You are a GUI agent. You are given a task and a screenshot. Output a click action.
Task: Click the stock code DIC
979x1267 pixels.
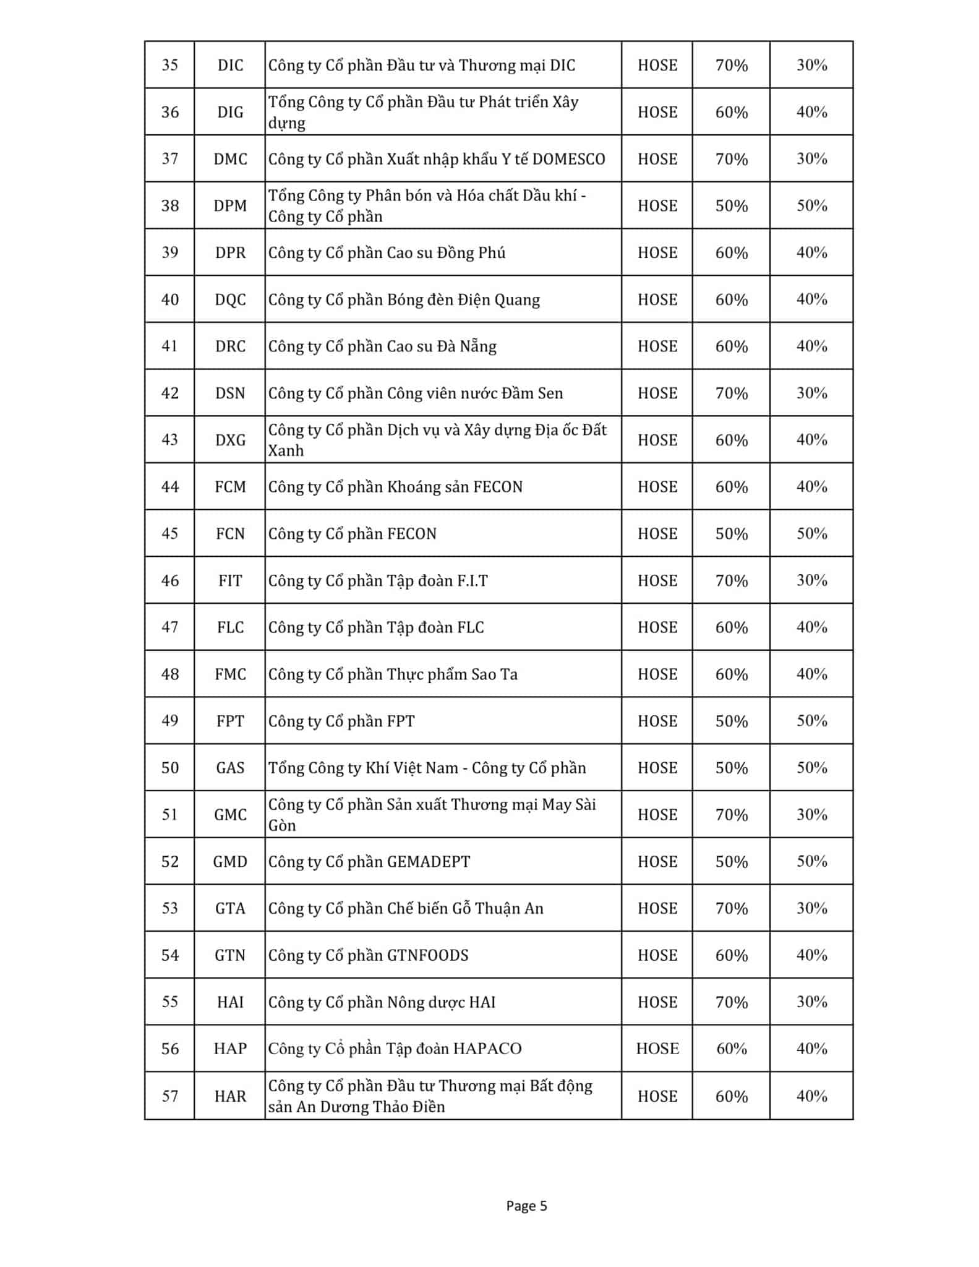[x=230, y=66]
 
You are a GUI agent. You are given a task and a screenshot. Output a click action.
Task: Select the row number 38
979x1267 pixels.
[x=169, y=205]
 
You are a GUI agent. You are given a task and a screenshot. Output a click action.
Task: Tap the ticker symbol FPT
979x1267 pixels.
[x=230, y=721]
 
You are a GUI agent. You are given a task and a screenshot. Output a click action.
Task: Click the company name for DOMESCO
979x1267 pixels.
[x=436, y=159]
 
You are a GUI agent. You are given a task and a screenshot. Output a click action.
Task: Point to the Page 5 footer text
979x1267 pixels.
[x=526, y=1206]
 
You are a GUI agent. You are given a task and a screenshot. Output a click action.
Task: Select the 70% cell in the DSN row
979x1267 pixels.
[x=731, y=393]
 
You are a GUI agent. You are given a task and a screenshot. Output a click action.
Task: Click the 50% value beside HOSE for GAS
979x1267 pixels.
[x=731, y=768]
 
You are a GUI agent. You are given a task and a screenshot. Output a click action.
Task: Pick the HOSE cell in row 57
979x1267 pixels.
[x=657, y=1096]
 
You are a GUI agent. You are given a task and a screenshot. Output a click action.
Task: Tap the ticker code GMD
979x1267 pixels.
[x=230, y=862]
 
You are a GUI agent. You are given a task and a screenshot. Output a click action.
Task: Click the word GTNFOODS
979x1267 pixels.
[x=427, y=955]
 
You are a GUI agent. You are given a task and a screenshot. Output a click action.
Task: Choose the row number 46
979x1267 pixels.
[x=169, y=581]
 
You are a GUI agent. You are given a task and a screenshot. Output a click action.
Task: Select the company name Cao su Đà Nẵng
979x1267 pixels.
[x=382, y=346]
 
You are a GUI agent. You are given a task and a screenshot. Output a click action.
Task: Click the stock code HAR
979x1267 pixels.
[x=230, y=1096]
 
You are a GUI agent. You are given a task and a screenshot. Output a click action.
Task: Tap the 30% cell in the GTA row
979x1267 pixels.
[x=811, y=908]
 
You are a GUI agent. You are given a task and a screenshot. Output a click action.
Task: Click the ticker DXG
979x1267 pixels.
[x=230, y=440]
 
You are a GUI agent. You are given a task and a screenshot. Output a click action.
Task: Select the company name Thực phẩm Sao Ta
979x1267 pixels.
[x=392, y=674]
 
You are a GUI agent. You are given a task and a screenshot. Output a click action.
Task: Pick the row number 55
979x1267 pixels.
[x=169, y=1002]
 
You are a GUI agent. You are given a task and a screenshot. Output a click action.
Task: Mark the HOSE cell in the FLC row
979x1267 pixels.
[x=657, y=627]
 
